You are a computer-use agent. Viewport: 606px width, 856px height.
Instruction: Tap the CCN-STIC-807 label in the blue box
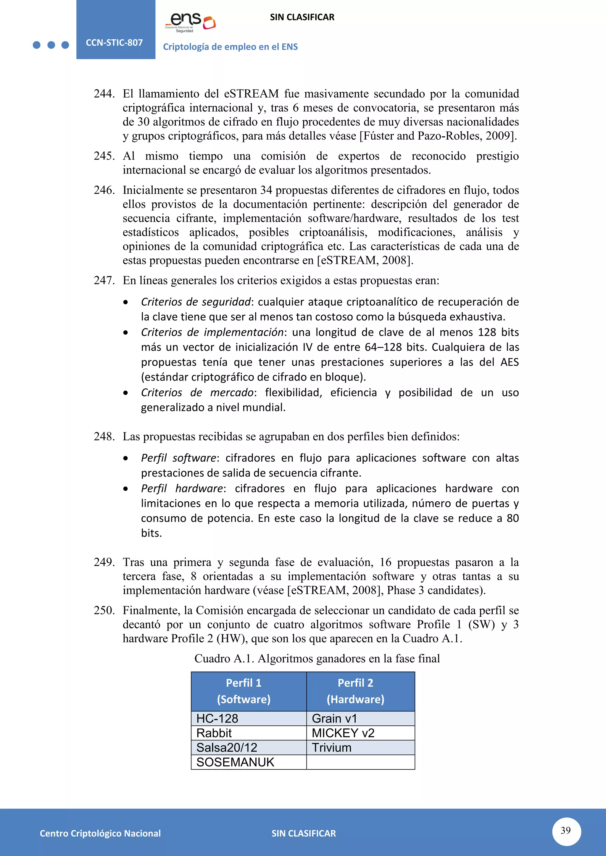pos(114,43)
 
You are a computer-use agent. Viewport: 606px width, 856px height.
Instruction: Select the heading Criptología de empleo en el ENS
pos(230,47)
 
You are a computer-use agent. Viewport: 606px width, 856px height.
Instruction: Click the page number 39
pos(566,830)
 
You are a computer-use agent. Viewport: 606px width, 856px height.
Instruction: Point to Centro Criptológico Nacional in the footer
pos(100,833)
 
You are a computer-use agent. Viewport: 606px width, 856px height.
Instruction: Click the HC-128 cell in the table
pos(217,719)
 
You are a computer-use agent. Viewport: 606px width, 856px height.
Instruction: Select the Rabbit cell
pos(214,733)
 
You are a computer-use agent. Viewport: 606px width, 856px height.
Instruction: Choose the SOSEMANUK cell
pos(235,762)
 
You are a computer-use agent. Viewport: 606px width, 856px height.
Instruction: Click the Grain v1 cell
pos(334,719)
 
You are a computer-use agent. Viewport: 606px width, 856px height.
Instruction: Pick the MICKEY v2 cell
pos(343,733)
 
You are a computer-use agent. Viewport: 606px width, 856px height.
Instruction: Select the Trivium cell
pos(332,748)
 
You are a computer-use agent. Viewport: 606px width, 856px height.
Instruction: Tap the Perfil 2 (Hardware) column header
pos(355,691)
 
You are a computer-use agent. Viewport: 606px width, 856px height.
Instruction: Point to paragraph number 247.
pos(104,281)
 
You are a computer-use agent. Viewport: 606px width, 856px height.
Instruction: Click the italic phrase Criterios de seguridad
pos(196,301)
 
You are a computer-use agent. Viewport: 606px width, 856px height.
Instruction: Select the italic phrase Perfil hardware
pos(182,488)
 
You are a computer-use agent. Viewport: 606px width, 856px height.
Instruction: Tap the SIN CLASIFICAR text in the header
pos(302,17)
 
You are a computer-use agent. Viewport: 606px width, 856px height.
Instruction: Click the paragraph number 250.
pos(104,610)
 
